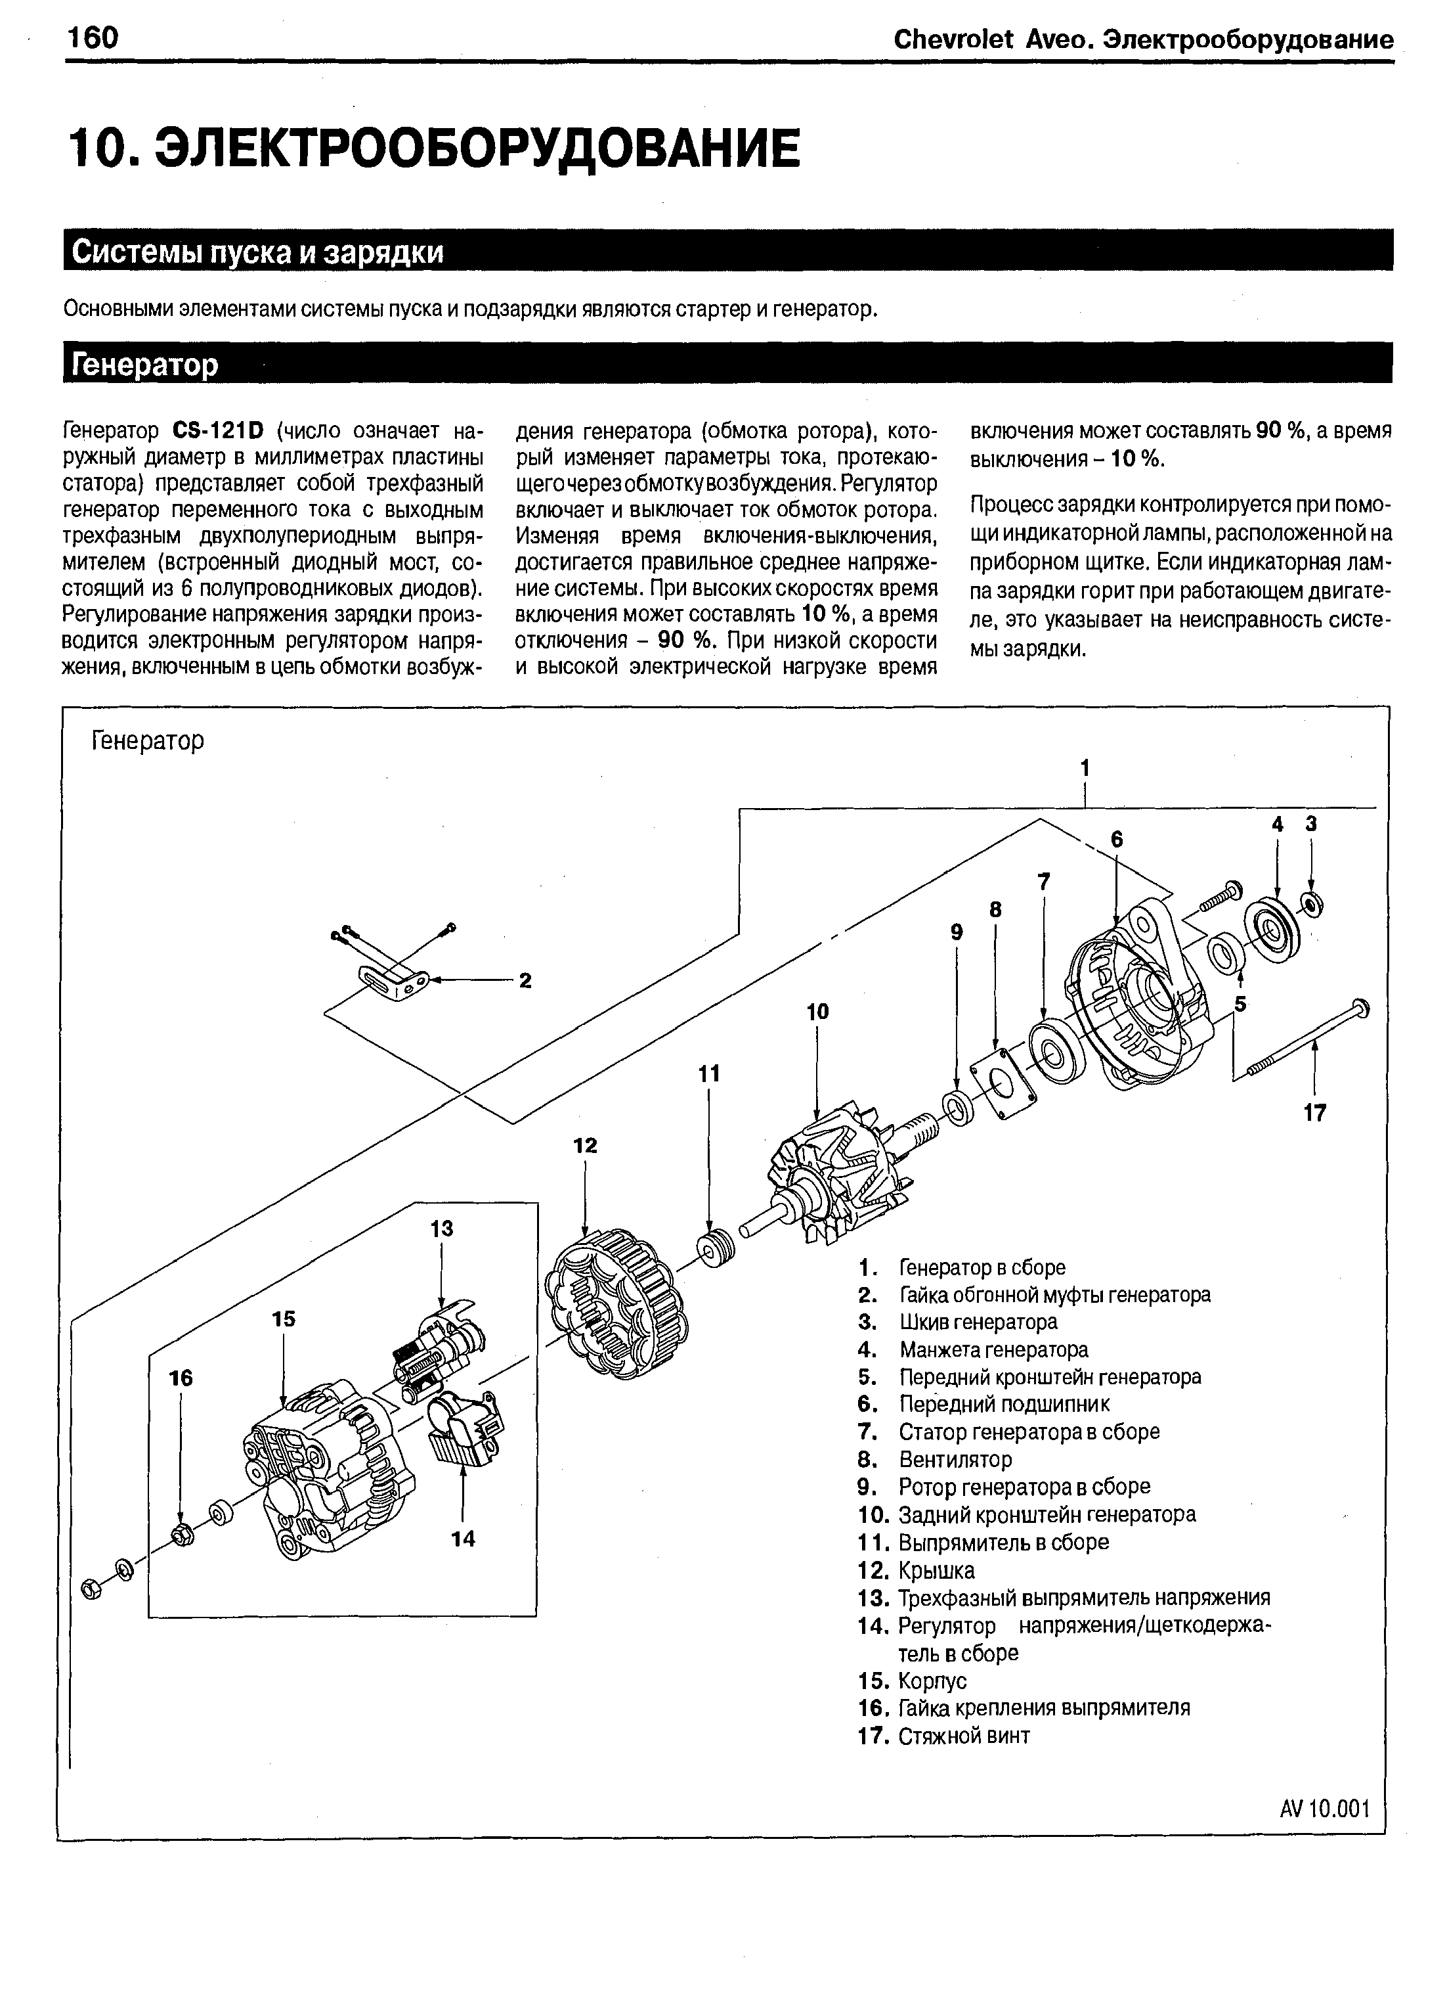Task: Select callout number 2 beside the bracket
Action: coord(525,981)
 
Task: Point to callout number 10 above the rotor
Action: coord(817,1012)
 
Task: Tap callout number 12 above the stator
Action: coord(585,1145)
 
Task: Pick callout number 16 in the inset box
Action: coord(181,1378)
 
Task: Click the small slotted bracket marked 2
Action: coord(395,982)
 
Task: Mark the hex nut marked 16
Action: coord(183,1535)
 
